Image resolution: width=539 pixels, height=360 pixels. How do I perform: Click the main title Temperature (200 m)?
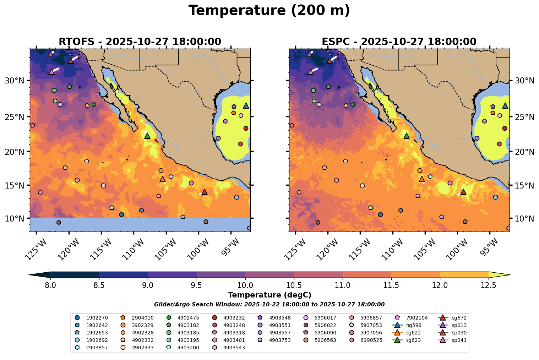click(x=269, y=11)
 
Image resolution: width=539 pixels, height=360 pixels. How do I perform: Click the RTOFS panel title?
click(x=140, y=42)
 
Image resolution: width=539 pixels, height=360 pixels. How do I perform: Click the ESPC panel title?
click(x=399, y=42)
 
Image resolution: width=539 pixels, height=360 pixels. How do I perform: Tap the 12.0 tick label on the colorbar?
click(x=440, y=285)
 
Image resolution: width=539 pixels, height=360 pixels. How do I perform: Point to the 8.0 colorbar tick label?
click(x=50, y=285)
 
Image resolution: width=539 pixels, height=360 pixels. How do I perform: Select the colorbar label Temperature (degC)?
click(x=269, y=295)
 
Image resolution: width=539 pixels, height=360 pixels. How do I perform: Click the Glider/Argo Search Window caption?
click(x=269, y=305)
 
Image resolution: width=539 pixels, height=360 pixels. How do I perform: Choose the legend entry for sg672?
click(x=454, y=318)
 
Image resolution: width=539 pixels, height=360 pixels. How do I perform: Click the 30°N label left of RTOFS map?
click(x=14, y=81)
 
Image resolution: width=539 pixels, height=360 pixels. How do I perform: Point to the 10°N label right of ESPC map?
click(x=524, y=218)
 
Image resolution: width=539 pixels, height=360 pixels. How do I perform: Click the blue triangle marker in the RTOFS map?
click(x=246, y=106)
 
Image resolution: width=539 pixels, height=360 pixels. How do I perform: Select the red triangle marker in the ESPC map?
click(x=463, y=192)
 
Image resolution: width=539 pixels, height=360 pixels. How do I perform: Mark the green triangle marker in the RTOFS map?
click(x=147, y=136)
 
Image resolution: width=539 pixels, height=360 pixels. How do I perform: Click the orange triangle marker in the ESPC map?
click(x=421, y=179)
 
